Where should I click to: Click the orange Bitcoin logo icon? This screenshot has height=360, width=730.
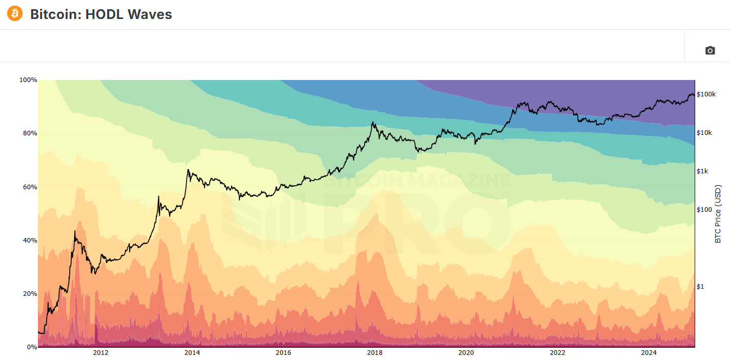coord(15,14)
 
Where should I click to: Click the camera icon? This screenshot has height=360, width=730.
coord(709,50)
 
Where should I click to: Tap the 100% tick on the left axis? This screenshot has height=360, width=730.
coord(28,80)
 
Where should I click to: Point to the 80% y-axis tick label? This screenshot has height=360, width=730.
coord(29,133)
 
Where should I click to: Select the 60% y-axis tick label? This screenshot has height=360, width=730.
coord(29,187)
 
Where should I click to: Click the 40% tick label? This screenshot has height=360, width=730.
coord(29,241)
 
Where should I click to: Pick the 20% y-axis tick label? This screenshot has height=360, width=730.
coord(29,294)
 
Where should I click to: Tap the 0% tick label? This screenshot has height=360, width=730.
coord(31,347)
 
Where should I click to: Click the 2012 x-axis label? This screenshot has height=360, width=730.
coord(100,353)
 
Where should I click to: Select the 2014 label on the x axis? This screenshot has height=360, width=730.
coord(192,353)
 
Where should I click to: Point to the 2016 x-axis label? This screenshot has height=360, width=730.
coord(283,353)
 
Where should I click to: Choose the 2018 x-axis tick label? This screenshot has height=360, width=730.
coord(375,353)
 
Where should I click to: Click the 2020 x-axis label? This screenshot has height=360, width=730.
coord(466,353)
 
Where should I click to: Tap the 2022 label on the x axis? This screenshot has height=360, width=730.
coord(557,353)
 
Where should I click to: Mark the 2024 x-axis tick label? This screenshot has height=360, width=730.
coord(649,353)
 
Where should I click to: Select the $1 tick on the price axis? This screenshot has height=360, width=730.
coord(700,286)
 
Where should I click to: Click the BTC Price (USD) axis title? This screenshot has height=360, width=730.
coord(718,214)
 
